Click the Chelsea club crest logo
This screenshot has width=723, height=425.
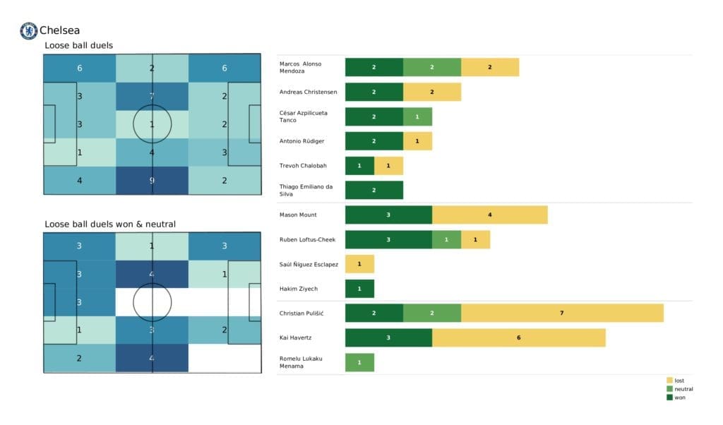[x=28, y=30]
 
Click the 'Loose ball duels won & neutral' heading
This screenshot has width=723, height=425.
[x=110, y=225]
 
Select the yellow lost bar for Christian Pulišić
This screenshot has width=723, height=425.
[x=562, y=313]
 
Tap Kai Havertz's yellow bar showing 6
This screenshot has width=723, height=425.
[x=518, y=337]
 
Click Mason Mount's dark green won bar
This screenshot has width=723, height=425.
[x=388, y=215]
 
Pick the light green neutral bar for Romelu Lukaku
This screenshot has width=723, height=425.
[x=359, y=362]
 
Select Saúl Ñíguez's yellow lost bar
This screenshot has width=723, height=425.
[x=359, y=264]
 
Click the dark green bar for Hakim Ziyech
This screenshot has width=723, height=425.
[x=359, y=289]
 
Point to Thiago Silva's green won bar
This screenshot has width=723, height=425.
[x=374, y=190]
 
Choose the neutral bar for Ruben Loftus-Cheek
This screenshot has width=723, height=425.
[x=446, y=239]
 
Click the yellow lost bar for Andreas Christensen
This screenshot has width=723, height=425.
[x=432, y=92]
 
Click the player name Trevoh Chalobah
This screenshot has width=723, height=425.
[x=304, y=166]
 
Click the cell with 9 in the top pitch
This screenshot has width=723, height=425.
[x=153, y=180]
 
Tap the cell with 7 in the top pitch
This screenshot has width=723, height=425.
[x=153, y=96]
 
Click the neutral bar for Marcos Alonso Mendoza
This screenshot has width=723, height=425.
[x=432, y=67]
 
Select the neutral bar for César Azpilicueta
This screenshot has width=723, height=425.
[x=417, y=116]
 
